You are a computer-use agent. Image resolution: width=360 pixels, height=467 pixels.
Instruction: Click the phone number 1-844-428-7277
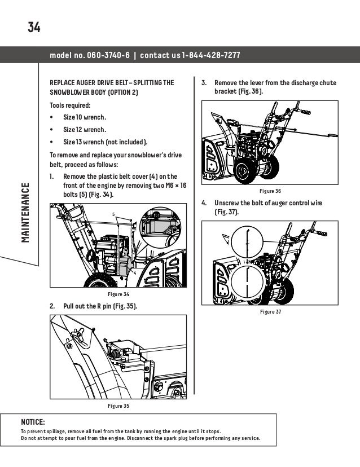tap(211, 55)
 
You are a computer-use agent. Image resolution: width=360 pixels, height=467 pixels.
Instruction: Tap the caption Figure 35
tap(118, 405)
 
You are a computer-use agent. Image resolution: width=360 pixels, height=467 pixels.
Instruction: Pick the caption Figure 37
tap(269, 311)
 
